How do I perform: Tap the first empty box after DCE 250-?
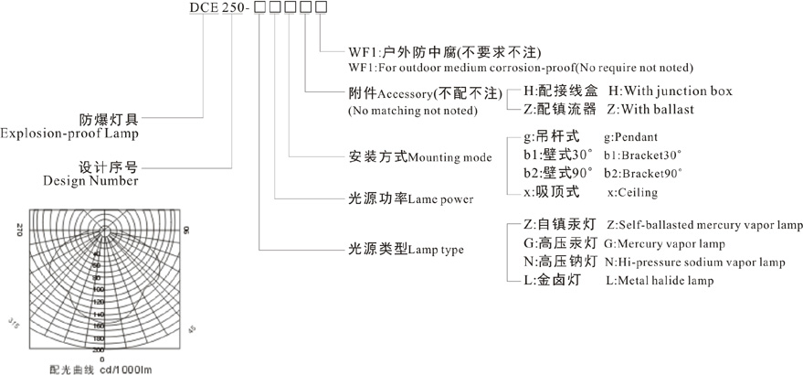pyautogui.click(x=259, y=9)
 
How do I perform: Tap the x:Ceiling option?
pyautogui.click(x=632, y=193)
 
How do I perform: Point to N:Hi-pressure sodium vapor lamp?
pyautogui.click(x=694, y=262)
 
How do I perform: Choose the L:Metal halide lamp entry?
pyautogui.click(x=660, y=281)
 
